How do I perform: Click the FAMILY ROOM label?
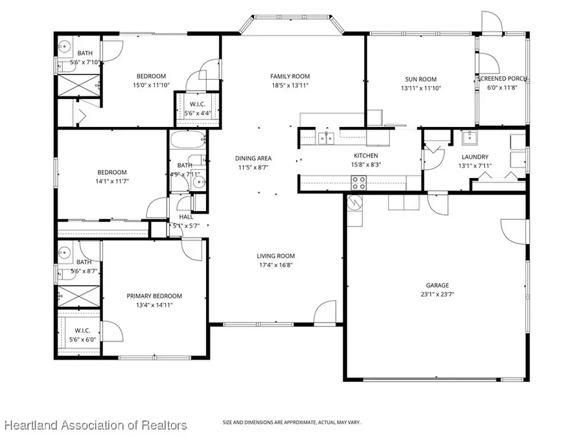(290, 76)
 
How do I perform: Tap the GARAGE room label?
(437, 285)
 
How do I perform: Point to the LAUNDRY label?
(475, 157)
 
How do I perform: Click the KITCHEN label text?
(365, 155)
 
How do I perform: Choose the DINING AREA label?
(253, 158)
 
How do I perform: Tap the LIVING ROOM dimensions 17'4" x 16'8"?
(276, 264)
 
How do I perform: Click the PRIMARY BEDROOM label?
(154, 296)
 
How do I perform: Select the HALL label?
(185, 218)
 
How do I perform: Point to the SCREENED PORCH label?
(502, 79)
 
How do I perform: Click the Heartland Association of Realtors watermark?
(96, 425)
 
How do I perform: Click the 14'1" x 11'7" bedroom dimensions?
(111, 181)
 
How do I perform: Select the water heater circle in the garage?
(354, 202)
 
